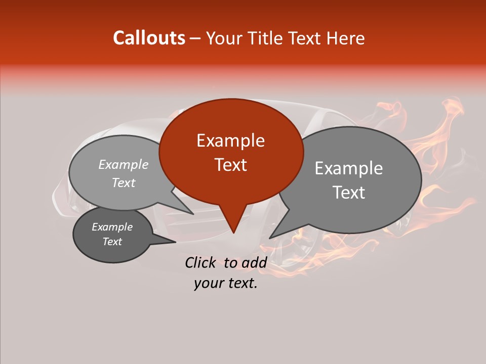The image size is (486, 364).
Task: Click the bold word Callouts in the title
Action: click(149, 38)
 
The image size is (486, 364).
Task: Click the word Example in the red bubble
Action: click(230, 141)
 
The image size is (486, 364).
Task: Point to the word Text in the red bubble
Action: click(230, 165)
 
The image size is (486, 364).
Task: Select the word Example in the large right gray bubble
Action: click(348, 168)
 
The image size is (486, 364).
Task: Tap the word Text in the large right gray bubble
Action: click(348, 193)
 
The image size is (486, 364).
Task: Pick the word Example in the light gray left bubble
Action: click(124, 164)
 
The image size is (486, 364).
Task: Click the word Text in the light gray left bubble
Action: click(124, 183)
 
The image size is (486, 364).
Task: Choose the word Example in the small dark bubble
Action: click(112, 227)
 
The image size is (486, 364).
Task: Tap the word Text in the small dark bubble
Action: click(112, 242)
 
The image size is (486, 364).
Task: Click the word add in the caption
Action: click(254, 262)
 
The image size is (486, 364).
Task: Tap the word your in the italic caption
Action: click(209, 283)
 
